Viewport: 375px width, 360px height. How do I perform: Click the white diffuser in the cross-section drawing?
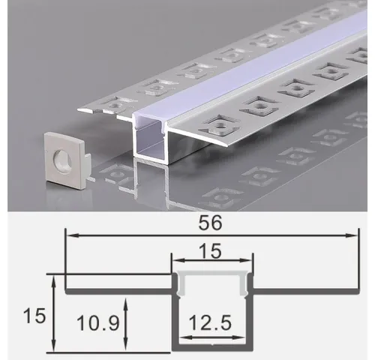tap(215, 278)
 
